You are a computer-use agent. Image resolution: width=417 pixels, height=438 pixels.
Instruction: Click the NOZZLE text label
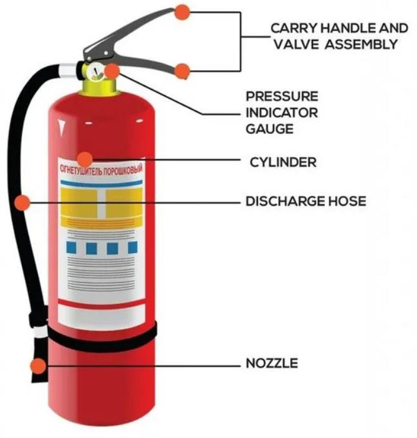[x=272, y=363]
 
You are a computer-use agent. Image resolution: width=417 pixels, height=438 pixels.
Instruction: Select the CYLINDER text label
[x=283, y=162]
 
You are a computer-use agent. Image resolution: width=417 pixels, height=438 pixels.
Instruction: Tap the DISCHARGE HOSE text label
[x=306, y=202]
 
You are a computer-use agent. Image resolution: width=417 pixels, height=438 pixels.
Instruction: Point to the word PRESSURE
[x=282, y=97]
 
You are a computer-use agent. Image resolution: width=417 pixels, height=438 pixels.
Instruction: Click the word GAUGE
[x=269, y=128]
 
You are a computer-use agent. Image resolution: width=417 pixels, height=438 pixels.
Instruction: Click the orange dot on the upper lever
[x=183, y=11]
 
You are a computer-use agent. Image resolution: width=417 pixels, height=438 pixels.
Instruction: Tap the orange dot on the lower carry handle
[x=183, y=71]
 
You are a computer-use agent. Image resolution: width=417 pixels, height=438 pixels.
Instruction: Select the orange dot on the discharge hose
[x=22, y=202]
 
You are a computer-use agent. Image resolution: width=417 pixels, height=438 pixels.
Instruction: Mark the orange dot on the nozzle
[x=39, y=366]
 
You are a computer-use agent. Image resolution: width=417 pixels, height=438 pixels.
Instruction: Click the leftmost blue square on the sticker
[x=72, y=248]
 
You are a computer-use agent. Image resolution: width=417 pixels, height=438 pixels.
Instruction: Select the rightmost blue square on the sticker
[x=132, y=247]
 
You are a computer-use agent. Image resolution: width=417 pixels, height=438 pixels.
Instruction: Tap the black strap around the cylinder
[x=103, y=339]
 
